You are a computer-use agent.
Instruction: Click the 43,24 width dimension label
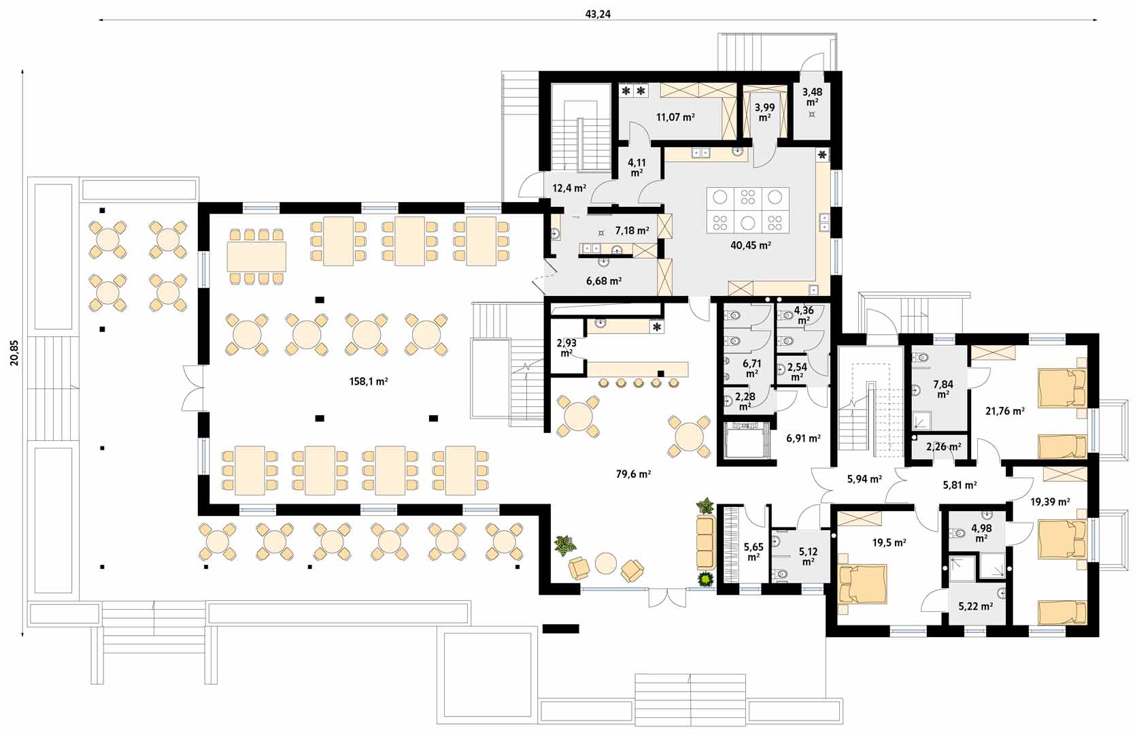[x=598, y=14]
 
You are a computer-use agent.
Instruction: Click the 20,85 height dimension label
[x=14, y=353]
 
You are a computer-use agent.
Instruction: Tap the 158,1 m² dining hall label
[x=369, y=382]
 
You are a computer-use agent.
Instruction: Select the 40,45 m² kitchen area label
[x=751, y=246]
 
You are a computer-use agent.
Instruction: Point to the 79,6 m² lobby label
[x=634, y=474]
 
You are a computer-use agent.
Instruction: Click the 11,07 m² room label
[x=675, y=117]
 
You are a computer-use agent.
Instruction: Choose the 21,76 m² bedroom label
[x=1004, y=412]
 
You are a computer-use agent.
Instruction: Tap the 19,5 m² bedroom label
[x=889, y=542]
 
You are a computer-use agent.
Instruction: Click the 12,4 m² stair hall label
[x=569, y=189]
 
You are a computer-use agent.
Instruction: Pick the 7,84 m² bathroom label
[x=943, y=389]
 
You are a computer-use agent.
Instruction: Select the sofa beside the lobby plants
[x=706, y=542]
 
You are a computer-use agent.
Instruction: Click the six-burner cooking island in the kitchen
[x=747, y=210]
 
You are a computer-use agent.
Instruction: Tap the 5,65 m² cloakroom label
[x=753, y=552]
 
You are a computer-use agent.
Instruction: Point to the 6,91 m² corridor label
[x=804, y=438]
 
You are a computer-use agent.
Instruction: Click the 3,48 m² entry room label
[x=812, y=97]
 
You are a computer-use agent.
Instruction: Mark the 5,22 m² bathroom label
[x=976, y=606]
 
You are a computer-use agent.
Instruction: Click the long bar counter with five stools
[x=638, y=369]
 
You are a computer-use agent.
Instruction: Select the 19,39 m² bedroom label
[x=1050, y=502]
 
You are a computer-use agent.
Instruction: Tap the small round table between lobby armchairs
[x=605, y=563]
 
